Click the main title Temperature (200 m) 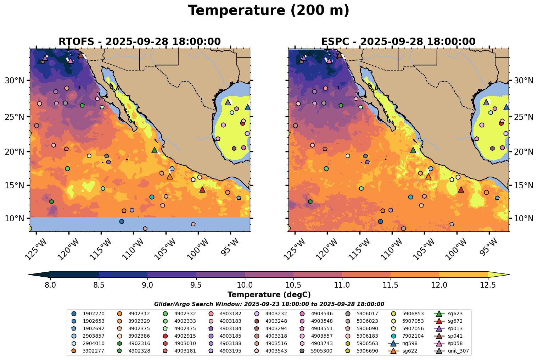coord(269,11)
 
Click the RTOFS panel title coord(139,41)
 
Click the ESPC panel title coord(398,41)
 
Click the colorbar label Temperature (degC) coord(269,295)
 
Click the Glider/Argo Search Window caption coord(269,304)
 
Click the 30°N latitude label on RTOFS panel coord(14,81)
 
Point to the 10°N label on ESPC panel coord(523,218)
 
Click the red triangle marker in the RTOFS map coord(202,190)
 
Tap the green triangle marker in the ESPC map coord(413,150)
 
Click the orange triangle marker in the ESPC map coord(428,176)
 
